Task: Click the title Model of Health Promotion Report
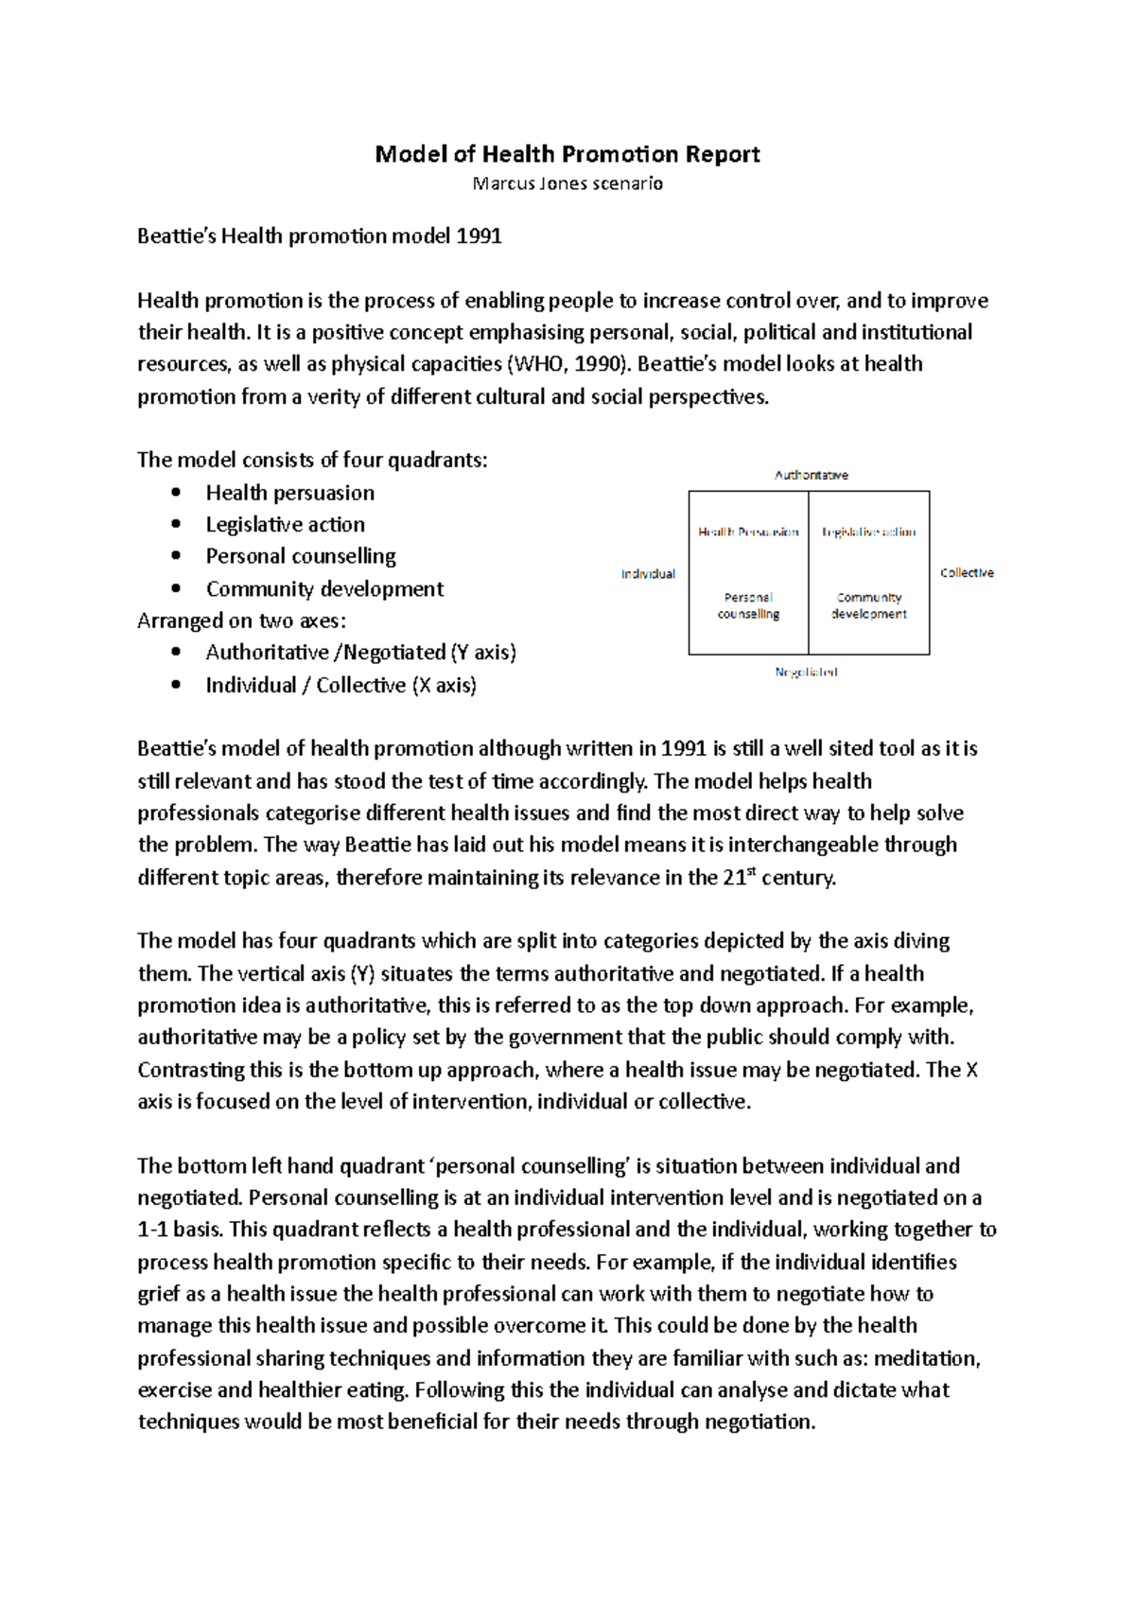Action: pyautogui.click(x=567, y=154)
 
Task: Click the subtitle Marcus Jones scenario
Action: pyautogui.click(x=567, y=183)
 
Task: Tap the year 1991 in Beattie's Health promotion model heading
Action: pyautogui.click(x=478, y=236)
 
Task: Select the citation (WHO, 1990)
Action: pyautogui.click(x=568, y=364)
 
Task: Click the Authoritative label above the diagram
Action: pyautogui.click(x=812, y=476)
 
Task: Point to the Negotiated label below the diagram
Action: pyautogui.click(x=806, y=672)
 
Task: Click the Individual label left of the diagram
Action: pyautogui.click(x=648, y=574)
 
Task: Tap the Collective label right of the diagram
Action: pyautogui.click(x=967, y=573)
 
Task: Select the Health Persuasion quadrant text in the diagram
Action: pyautogui.click(x=748, y=532)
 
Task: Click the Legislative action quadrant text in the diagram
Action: pyautogui.click(x=868, y=532)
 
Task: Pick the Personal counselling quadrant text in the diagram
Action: pyautogui.click(x=748, y=605)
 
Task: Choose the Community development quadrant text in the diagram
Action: pyautogui.click(x=868, y=605)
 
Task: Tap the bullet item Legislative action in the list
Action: pyautogui.click(x=285, y=525)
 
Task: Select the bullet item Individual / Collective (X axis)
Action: pyautogui.click(x=340, y=686)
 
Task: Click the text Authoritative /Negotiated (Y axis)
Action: pyautogui.click(x=360, y=653)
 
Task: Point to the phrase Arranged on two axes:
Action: pyautogui.click(x=241, y=621)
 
